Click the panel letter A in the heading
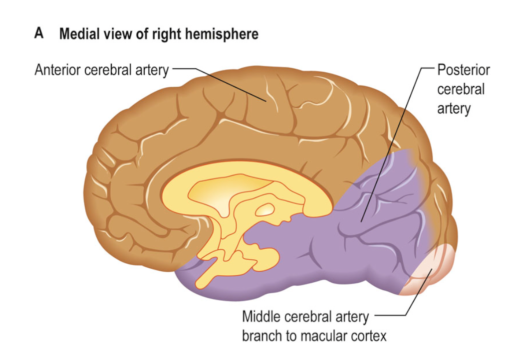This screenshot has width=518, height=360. click(x=38, y=34)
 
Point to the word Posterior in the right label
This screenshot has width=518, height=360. click(x=464, y=70)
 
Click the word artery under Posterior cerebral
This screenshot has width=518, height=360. click(x=454, y=108)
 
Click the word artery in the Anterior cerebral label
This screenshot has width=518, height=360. click(x=152, y=70)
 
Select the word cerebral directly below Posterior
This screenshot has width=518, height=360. click(x=461, y=89)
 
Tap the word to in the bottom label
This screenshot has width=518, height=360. click(x=291, y=336)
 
